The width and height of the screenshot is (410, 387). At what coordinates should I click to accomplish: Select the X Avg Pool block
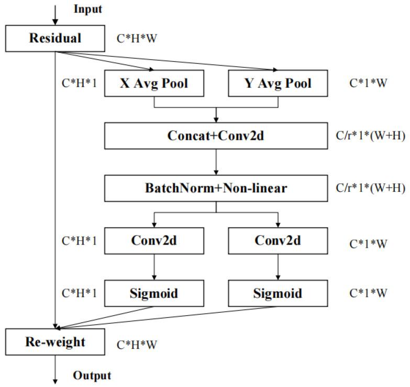154,84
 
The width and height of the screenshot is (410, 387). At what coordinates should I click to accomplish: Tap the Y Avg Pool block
278,84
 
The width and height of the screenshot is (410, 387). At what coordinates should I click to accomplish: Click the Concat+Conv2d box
216,136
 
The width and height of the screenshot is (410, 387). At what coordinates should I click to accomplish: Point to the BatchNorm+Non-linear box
216,188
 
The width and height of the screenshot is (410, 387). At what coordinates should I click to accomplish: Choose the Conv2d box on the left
154,240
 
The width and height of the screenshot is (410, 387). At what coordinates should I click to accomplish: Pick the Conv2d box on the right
278,240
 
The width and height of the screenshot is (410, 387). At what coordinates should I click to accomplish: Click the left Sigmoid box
154,293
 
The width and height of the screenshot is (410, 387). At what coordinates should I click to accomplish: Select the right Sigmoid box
278,293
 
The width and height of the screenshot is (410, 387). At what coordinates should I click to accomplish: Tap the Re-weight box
55,342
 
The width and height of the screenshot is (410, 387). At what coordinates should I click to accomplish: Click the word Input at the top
87,9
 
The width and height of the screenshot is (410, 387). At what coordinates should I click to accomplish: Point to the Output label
92,375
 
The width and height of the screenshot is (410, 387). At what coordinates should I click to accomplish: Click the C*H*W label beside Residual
137,39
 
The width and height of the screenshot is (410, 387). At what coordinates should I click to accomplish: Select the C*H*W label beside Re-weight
137,345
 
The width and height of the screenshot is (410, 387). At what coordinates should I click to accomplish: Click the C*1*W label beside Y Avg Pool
368,84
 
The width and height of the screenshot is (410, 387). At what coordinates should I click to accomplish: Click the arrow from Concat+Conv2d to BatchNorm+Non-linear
216,162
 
